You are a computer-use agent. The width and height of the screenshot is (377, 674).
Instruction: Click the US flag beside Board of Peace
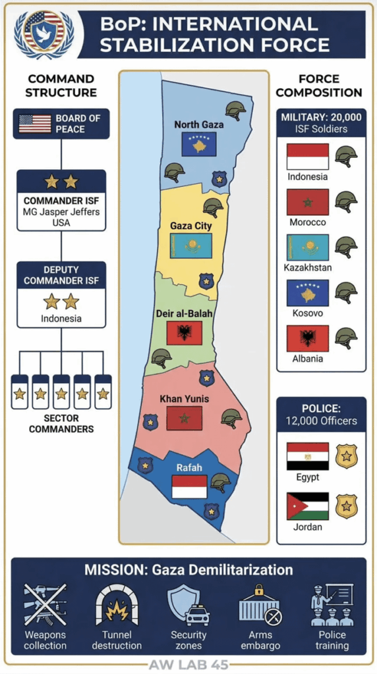coord(35,123)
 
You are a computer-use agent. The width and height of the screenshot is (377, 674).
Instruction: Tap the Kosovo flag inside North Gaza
coord(199,143)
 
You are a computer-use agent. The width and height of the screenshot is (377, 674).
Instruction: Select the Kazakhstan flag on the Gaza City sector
coord(190,246)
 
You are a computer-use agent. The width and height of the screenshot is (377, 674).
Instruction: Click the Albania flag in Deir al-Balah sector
coord(184,333)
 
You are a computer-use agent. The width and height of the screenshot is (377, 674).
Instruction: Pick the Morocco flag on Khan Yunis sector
coord(184,418)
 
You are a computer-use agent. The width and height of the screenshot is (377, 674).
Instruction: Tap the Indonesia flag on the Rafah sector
coord(189,486)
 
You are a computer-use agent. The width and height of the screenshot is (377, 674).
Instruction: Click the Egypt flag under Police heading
coord(307,456)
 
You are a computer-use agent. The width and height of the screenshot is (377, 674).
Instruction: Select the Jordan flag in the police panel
coord(307,506)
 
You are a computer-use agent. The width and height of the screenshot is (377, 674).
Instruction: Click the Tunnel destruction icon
coord(117,604)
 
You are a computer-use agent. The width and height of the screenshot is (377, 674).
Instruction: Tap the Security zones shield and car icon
coord(188,604)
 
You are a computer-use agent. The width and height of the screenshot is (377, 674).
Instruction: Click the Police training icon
coord(332,604)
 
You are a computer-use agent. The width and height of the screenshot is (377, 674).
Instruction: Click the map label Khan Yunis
coord(185,399)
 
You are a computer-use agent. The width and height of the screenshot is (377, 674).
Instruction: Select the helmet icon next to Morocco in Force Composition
coord(346,201)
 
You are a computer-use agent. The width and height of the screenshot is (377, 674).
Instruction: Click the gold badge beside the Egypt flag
coord(346,456)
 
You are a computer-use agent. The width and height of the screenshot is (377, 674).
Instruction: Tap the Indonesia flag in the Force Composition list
coord(307,157)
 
